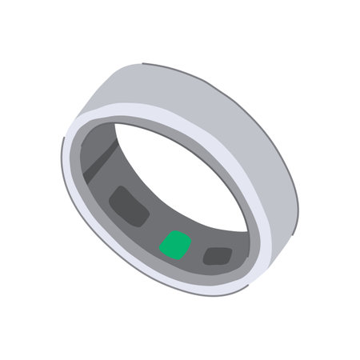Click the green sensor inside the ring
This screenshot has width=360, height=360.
[x=175, y=245]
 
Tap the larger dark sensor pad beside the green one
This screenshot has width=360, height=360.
[x=130, y=206]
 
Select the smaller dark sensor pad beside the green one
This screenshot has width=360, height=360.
[x=217, y=256]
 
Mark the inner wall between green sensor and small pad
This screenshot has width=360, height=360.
[x=197, y=252]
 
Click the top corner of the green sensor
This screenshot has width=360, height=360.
[x=178, y=233]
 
